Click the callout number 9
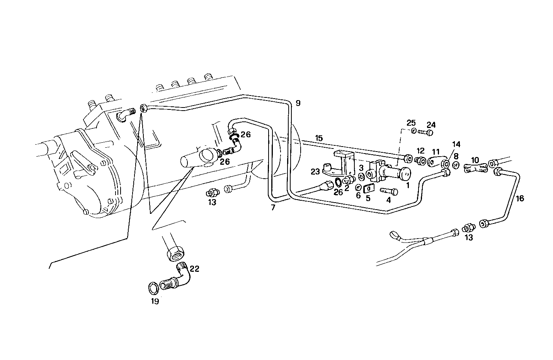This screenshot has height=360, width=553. pyautogui.click(x=298, y=103)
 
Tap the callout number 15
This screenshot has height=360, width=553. pyautogui.click(x=319, y=138)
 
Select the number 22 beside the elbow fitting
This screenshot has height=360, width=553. pyautogui.click(x=194, y=269)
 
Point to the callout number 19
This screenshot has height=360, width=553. pyautogui.click(x=155, y=302)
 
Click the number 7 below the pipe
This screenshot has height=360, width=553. pyautogui.click(x=273, y=208)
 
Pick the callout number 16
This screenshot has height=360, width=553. pyautogui.click(x=520, y=198)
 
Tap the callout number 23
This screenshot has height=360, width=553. pyautogui.click(x=315, y=171)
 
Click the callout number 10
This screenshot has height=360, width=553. pyautogui.click(x=475, y=160)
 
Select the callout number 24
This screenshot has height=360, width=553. pyautogui.click(x=431, y=125)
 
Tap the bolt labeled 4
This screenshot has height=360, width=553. pyautogui.click(x=389, y=191)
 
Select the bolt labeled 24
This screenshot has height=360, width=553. pyautogui.click(x=425, y=133)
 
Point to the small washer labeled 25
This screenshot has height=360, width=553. pyautogui.click(x=414, y=131)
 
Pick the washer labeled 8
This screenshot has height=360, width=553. pyautogui.click(x=456, y=165)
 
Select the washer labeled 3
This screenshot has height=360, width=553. pyautogui.click(x=361, y=176)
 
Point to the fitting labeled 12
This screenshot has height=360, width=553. pyautogui.click(x=420, y=161)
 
